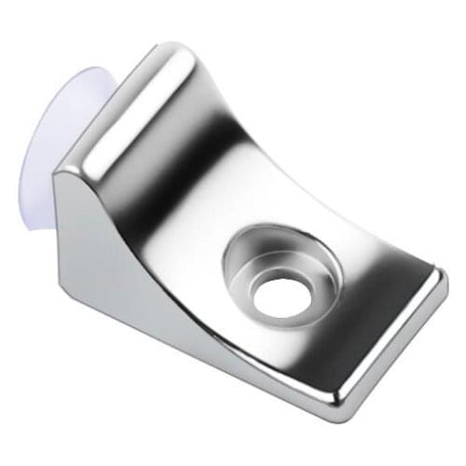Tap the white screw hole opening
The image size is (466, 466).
pyautogui.click(x=280, y=296)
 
